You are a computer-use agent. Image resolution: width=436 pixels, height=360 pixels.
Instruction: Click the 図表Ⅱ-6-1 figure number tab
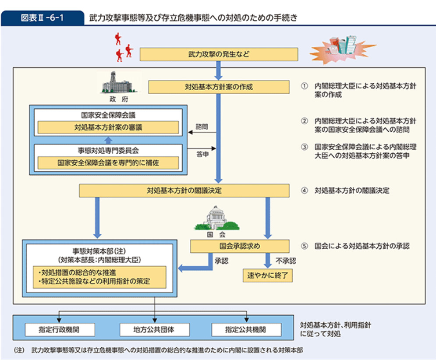coord(43,18)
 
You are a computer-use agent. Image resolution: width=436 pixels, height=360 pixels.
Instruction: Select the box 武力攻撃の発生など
coord(219,54)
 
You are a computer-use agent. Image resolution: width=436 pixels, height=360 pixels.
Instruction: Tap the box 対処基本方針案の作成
coord(219,87)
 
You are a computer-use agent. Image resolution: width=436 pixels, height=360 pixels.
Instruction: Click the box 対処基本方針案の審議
coord(108,127)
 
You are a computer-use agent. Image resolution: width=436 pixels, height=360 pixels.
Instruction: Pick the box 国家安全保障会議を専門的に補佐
coord(108,162)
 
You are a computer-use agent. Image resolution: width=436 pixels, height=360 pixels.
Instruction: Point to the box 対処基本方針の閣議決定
coord(184,191)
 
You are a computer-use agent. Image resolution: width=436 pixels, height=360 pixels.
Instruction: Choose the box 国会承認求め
coord(240,246)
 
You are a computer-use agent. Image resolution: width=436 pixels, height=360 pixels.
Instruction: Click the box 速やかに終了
coord(267,275)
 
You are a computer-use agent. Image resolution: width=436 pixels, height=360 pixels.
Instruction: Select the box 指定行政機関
coord(59,329)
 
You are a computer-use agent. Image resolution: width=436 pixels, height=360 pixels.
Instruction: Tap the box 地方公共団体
coord(154,329)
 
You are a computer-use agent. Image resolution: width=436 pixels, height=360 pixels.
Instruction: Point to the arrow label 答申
coord(202,155)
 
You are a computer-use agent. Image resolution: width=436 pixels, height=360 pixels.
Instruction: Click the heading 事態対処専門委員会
coord(108,150)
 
